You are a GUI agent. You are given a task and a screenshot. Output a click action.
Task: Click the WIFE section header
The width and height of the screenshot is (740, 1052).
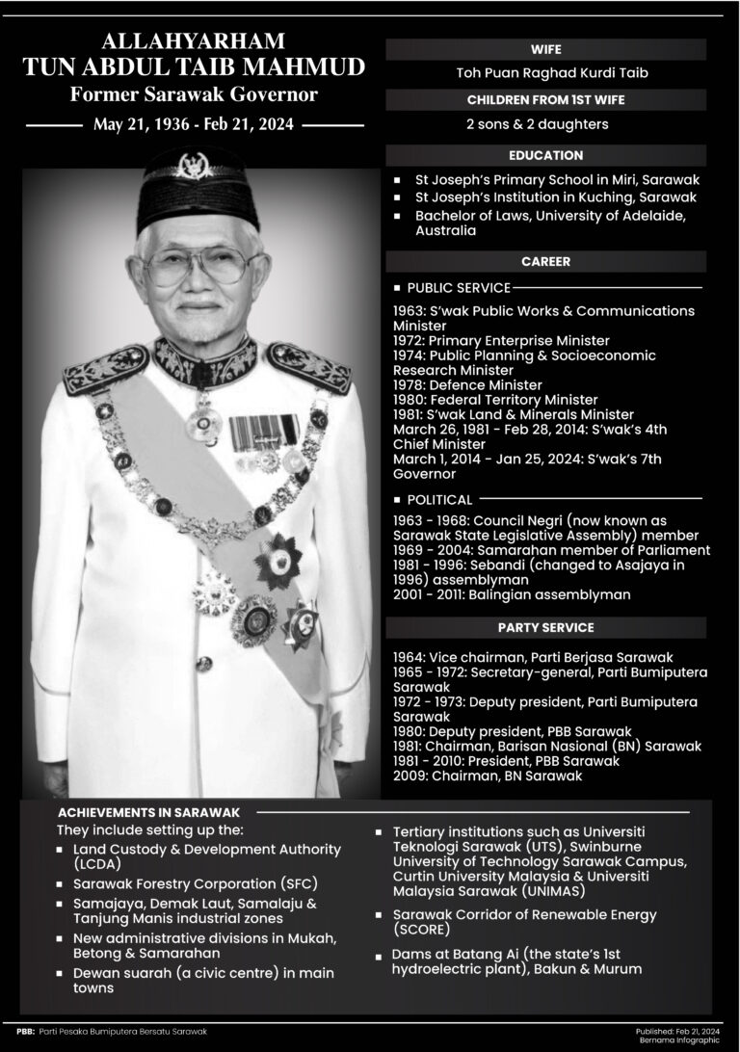click(546, 48)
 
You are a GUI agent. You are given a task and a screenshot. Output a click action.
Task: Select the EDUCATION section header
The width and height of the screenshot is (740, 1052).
click(546, 154)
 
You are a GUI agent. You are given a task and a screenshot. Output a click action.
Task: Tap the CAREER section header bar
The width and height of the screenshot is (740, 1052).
click(546, 261)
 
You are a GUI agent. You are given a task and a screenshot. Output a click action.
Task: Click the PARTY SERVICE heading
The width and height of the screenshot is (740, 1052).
click(546, 628)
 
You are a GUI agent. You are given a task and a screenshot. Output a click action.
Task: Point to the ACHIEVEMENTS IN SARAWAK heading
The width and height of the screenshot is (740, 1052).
click(148, 812)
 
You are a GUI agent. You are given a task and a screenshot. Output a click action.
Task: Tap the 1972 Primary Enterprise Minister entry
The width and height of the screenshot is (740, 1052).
click(501, 340)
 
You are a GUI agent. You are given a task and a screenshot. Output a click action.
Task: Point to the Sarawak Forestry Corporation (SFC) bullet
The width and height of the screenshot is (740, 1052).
click(194, 883)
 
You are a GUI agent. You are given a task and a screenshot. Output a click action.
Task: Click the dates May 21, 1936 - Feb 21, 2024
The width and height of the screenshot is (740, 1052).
click(195, 125)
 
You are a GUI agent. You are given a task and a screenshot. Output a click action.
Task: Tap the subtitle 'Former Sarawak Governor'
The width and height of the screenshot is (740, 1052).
click(195, 95)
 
